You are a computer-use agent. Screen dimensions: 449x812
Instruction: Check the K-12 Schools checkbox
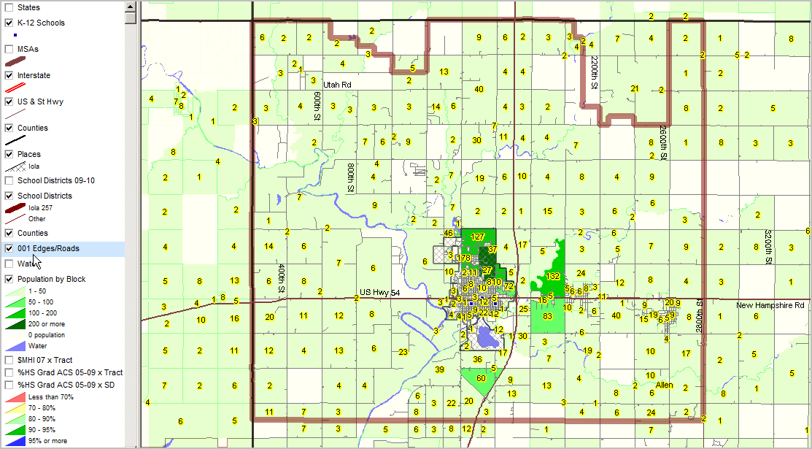coord(9,23)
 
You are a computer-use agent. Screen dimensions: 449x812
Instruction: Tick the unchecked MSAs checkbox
coord(9,49)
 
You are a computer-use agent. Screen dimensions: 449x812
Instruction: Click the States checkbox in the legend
coord(9,7)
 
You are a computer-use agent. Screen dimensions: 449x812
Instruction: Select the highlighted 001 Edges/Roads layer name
coord(48,249)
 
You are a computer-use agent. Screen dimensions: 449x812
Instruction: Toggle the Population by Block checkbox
coord(9,279)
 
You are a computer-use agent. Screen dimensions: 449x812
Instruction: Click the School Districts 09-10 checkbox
coord(9,180)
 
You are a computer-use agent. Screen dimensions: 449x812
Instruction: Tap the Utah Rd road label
coord(337,85)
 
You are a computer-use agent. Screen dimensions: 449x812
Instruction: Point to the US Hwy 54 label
coord(380,292)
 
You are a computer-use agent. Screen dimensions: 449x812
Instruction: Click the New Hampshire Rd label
coord(770,305)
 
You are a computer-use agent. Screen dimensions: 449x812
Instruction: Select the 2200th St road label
coord(595,72)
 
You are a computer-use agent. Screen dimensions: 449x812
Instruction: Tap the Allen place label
coord(664,385)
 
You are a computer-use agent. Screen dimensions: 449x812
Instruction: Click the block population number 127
coord(478,237)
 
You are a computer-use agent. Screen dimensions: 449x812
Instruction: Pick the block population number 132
coord(553,276)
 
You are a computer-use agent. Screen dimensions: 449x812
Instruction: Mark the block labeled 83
coord(548,315)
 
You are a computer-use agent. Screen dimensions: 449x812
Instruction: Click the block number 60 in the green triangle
coord(481,378)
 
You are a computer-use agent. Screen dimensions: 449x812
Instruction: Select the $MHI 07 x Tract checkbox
coord(9,360)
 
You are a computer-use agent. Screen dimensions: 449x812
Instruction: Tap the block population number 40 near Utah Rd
coord(479,89)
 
